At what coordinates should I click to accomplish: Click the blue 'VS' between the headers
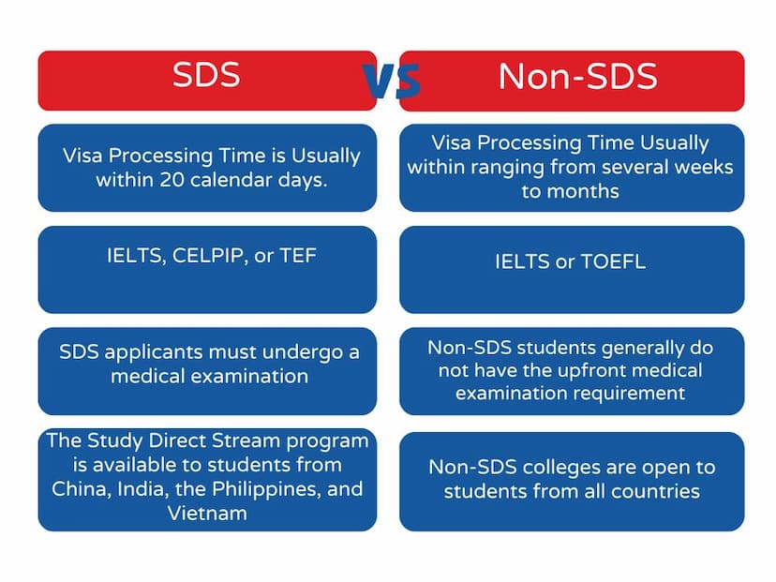click(x=392, y=80)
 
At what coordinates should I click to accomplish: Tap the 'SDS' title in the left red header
click(x=206, y=75)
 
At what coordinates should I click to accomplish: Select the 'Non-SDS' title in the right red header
click(x=577, y=76)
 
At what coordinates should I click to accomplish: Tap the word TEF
click(x=298, y=256)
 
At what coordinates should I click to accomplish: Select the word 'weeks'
click(x=704, y=167)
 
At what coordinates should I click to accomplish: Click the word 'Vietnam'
click(x=207, y=514)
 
